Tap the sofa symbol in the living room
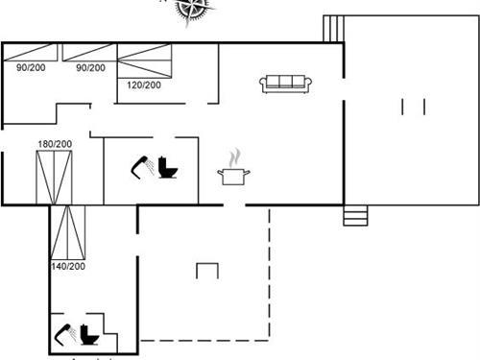tap(283, 84)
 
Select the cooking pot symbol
tap(234, 176)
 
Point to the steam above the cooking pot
tap(233, 156)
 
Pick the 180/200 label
tap(55, 144)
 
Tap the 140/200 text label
tap(68, 266)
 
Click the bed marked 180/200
tap(55, 176)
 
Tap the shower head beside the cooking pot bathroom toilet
tap(141, 167)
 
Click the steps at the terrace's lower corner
tap(356, 216)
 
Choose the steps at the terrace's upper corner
tap(332, 28)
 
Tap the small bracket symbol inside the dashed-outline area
tap(207, 271)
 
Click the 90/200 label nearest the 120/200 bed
tap(90, 67)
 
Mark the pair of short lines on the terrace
tap(415, 106)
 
